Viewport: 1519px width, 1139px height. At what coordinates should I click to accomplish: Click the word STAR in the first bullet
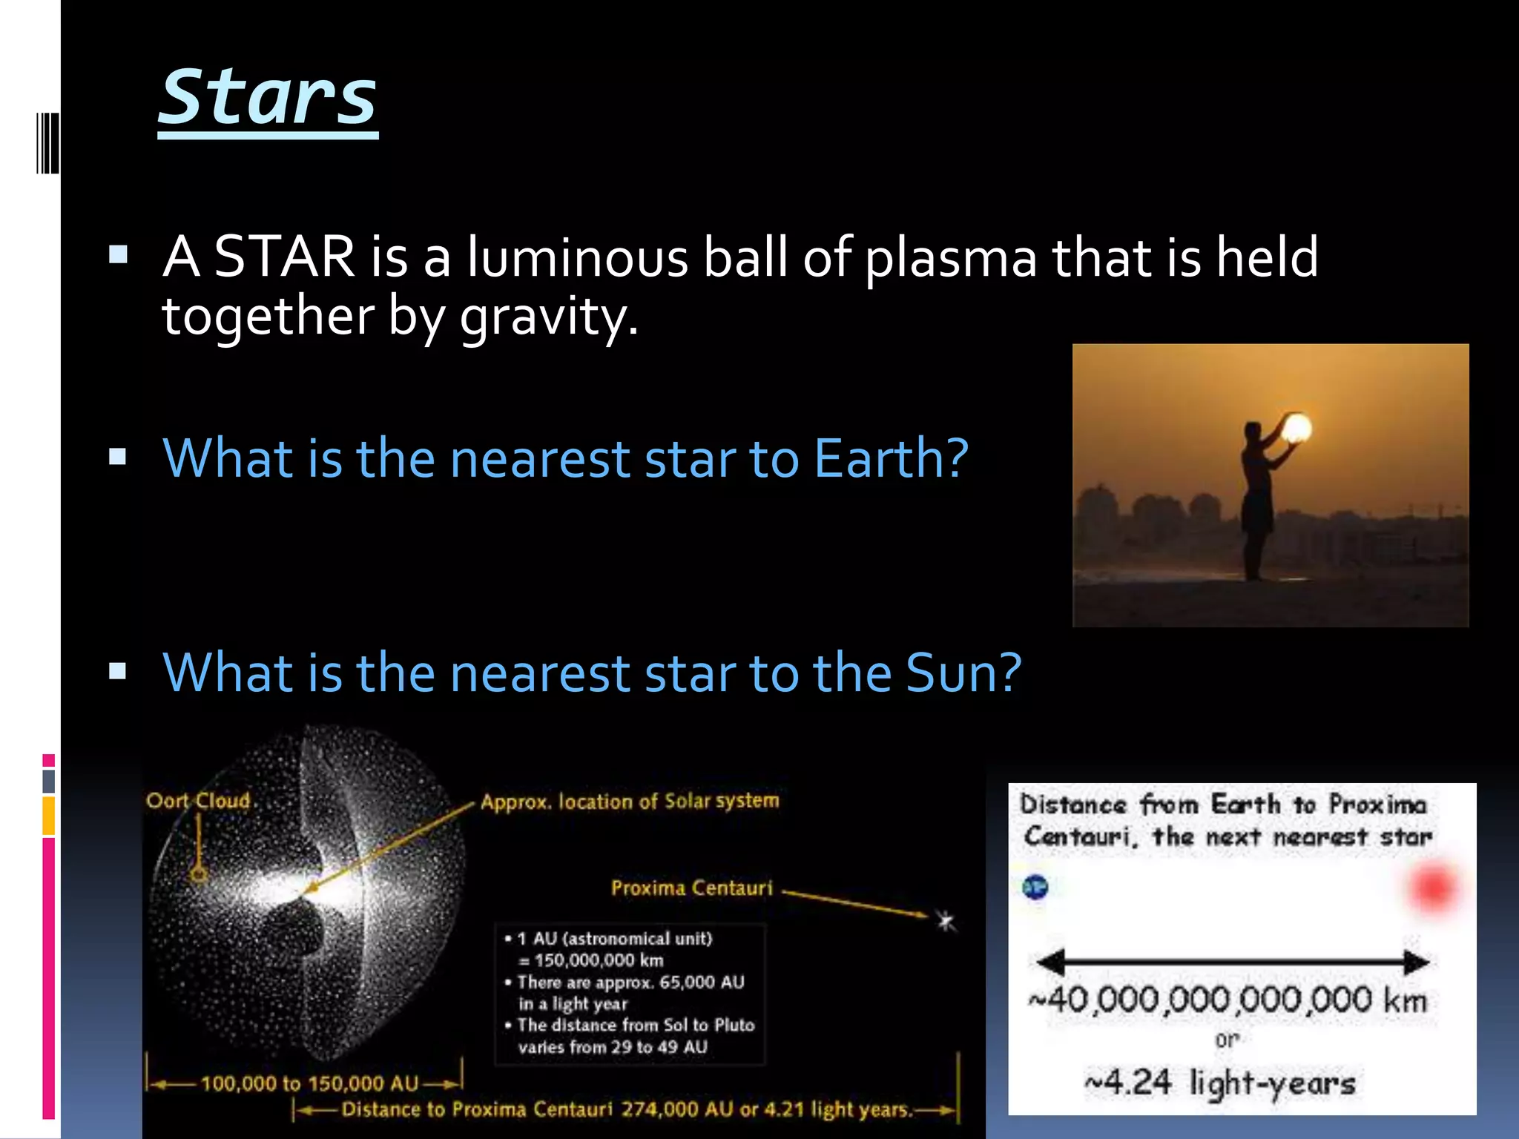[x=284, y=257]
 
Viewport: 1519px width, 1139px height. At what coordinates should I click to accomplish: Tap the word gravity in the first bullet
[x=548, y=317]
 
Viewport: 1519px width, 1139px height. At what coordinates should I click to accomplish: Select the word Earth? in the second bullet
[x=891, y=458]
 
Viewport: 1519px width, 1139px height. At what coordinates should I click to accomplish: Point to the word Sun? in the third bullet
[x=963, y=672]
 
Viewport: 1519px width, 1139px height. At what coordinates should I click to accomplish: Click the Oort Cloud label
[x=199, y=801]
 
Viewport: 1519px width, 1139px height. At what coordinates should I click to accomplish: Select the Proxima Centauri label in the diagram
[x=691, y=888]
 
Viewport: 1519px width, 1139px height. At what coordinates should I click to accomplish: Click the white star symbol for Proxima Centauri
[x=945, y=921]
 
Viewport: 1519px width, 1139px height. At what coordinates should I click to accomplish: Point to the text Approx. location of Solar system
[x=630, y=801]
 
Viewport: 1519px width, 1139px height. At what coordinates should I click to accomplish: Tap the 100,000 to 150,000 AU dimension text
[x=309, y=1083]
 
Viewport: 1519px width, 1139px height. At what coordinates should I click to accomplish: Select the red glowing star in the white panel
[x=1432, y=887]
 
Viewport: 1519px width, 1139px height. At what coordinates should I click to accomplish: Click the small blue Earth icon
[x=1035, y=886]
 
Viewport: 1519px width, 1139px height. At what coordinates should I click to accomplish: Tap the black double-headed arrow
[x=1232, y=962]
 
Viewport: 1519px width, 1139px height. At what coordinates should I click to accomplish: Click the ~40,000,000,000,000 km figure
[x=1228, y=1000]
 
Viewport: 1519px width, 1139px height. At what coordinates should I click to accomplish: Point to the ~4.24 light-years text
[x=1220, y=1083]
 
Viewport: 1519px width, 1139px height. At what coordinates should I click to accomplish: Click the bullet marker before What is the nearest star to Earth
[x=118, y=457]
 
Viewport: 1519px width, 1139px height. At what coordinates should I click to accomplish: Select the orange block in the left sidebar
[x=48, y=816]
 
